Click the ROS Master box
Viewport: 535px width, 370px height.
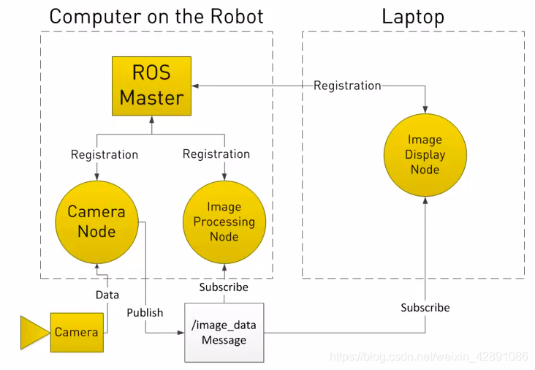click(x=151, y=86)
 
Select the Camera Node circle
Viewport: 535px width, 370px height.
click(x=96, y=222)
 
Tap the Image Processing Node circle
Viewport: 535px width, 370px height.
click(x=224, y=222)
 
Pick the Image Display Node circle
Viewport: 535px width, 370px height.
click(x=425, y=154)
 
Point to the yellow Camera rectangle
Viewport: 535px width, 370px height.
click(x=76, y=332)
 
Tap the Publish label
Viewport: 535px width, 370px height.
click(x=145, y=312)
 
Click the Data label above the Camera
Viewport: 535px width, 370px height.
click(x=107, y=295)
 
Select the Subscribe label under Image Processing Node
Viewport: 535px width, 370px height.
click(x=224, y=287)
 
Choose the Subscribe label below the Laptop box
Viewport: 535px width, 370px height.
click(x=425, y=308)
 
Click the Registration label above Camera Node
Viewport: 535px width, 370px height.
click(x=105, y=154)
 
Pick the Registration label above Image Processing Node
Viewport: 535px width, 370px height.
click(x=216, y=154)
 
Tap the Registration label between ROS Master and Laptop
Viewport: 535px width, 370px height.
click(x=347, y=86)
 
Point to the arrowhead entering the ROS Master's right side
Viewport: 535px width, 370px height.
click(x=196, y=86)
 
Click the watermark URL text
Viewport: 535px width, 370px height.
click(x=428, y=357)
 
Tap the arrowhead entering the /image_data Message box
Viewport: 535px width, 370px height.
click(x=180, y=333)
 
